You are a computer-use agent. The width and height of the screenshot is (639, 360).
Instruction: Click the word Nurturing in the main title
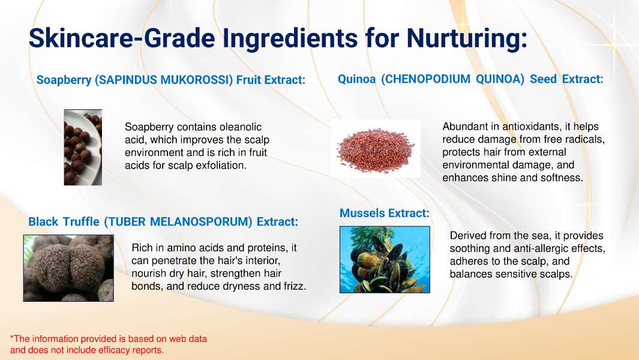pyautogui.click(x=467, y=39)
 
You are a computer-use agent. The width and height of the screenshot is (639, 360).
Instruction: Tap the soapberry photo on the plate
pyautogui.click(x=83, y=147)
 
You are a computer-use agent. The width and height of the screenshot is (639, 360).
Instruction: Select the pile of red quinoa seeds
pyautogui.click(x=376, y=149)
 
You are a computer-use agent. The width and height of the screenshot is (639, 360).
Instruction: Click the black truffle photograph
pyautogui.click(x=68, y=268)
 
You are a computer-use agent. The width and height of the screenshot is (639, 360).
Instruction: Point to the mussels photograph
pyautogui.click(x=385, y=260)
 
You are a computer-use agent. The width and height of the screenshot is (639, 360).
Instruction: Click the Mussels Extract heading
pyautogui.click(x=384, y=213)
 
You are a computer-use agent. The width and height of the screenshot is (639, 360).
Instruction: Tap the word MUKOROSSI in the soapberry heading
pyautogui.click(x=197, y=80)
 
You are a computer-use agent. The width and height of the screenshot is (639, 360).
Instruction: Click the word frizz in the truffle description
pyautogui.click(x=295, y=286)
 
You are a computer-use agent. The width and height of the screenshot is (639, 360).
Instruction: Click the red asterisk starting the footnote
pyautogui.click(x=12, y=337)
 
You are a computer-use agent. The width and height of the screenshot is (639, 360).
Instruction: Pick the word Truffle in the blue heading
pyautogui.click(x=81, y=221)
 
